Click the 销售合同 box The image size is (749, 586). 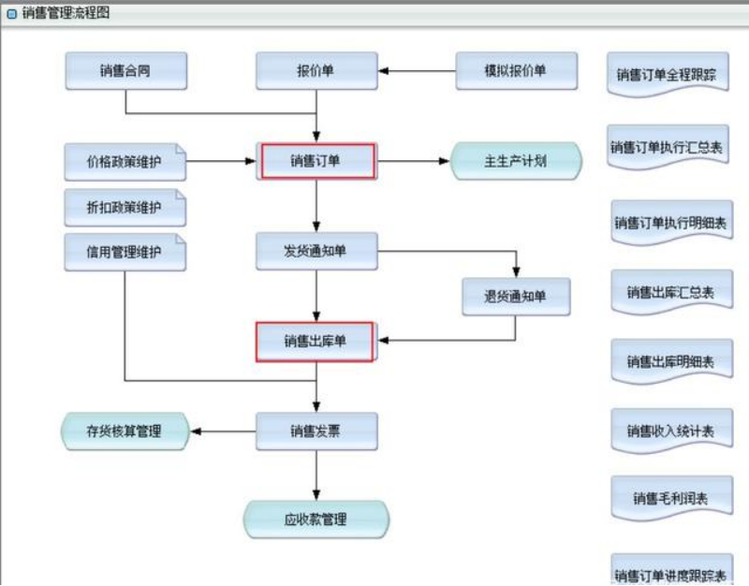coord(125,71)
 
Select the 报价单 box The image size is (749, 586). coord(316,71)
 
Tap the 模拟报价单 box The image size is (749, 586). coord(515,71)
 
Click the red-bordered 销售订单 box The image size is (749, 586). coord(317,161)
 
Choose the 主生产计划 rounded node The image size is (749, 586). coord(516,161)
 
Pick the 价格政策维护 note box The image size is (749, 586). coord(125,162)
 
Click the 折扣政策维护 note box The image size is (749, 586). coord(125,208)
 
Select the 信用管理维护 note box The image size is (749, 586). coord(125,253)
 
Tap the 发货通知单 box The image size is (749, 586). coord(316,251)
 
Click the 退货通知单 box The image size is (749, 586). coord(515,297)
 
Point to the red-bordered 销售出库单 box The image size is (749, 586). coord(316,342)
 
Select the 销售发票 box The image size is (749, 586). coord(316,432)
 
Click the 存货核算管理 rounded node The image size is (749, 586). coord(125,432)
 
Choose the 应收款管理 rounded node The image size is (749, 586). coord(316,520)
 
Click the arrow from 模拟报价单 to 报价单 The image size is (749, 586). coord(417,71)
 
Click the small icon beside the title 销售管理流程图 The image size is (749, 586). coord(11,14)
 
